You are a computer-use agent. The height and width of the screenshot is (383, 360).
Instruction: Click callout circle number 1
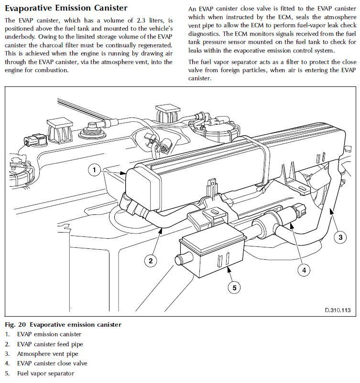click(95, 170)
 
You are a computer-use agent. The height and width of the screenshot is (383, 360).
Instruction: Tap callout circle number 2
click(151, 260)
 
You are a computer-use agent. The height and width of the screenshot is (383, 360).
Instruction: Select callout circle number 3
click(340, 237)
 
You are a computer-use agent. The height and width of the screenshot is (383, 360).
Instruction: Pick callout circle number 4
click(303, 270)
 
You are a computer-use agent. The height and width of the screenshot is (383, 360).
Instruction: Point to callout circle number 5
click(234, 287)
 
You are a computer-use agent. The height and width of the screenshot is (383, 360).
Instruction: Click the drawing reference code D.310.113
click(338, 310)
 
